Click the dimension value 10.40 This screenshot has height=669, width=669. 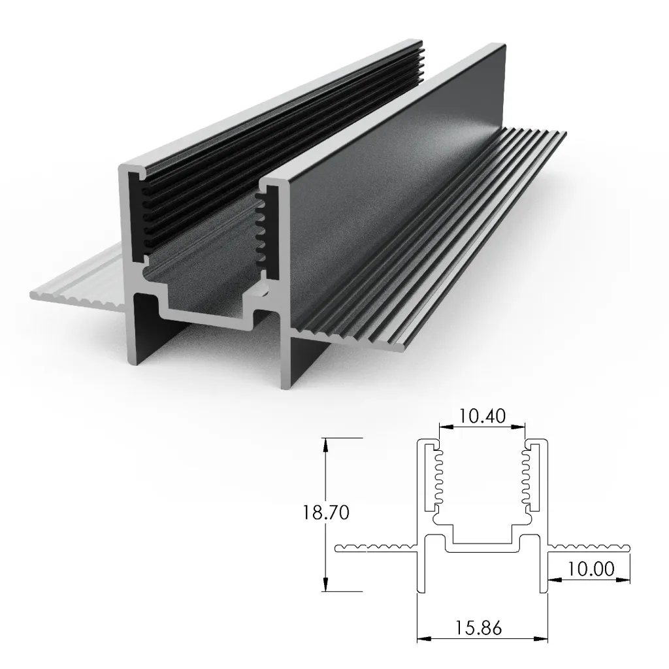click(482, 416)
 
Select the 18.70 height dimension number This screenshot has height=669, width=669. click(326, 513)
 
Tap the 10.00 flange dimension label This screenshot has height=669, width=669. click(591, 569)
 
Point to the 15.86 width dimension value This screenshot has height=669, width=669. click(480, 628)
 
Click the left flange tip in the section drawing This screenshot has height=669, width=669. click(338, 548)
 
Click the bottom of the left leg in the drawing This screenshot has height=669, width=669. click(421, 592)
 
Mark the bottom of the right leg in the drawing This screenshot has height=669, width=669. click(544, 592)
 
